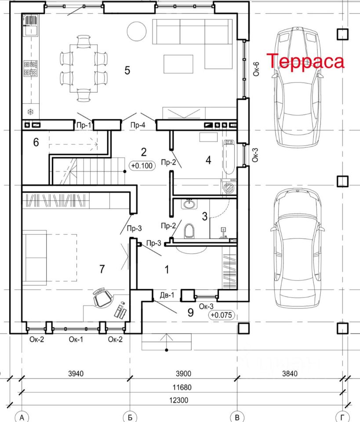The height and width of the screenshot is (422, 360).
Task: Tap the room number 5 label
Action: tap(127, 70)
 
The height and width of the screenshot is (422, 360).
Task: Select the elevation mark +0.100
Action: tap(142, 166)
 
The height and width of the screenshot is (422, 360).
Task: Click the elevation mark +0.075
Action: tap(222, 315)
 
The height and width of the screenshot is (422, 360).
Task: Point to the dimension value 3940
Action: tap(76, 374)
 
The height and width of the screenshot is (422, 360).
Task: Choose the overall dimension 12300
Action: tap(178, 400)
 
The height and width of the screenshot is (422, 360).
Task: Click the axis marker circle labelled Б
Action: tap(130, 417)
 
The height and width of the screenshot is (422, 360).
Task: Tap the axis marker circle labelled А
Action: tap(22, 417)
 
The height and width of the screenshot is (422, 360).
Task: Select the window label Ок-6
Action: tap(256, 69)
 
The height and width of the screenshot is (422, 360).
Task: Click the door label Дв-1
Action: tap(167, 295)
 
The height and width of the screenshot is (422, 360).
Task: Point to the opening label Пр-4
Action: tap(138, 125)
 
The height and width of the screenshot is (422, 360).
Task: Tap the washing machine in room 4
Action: tap(229, 187)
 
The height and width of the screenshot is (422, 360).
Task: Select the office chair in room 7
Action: tap(102, 298)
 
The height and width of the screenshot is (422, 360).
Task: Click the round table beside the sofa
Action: tap(137, 31)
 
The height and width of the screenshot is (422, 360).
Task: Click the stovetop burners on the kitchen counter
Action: tap(30, 69)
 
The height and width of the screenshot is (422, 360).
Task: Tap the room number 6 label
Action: tap(36, 142)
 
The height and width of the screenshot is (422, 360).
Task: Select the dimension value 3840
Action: tap(290, 374)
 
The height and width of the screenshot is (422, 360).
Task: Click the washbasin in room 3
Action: tap(190, 204)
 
